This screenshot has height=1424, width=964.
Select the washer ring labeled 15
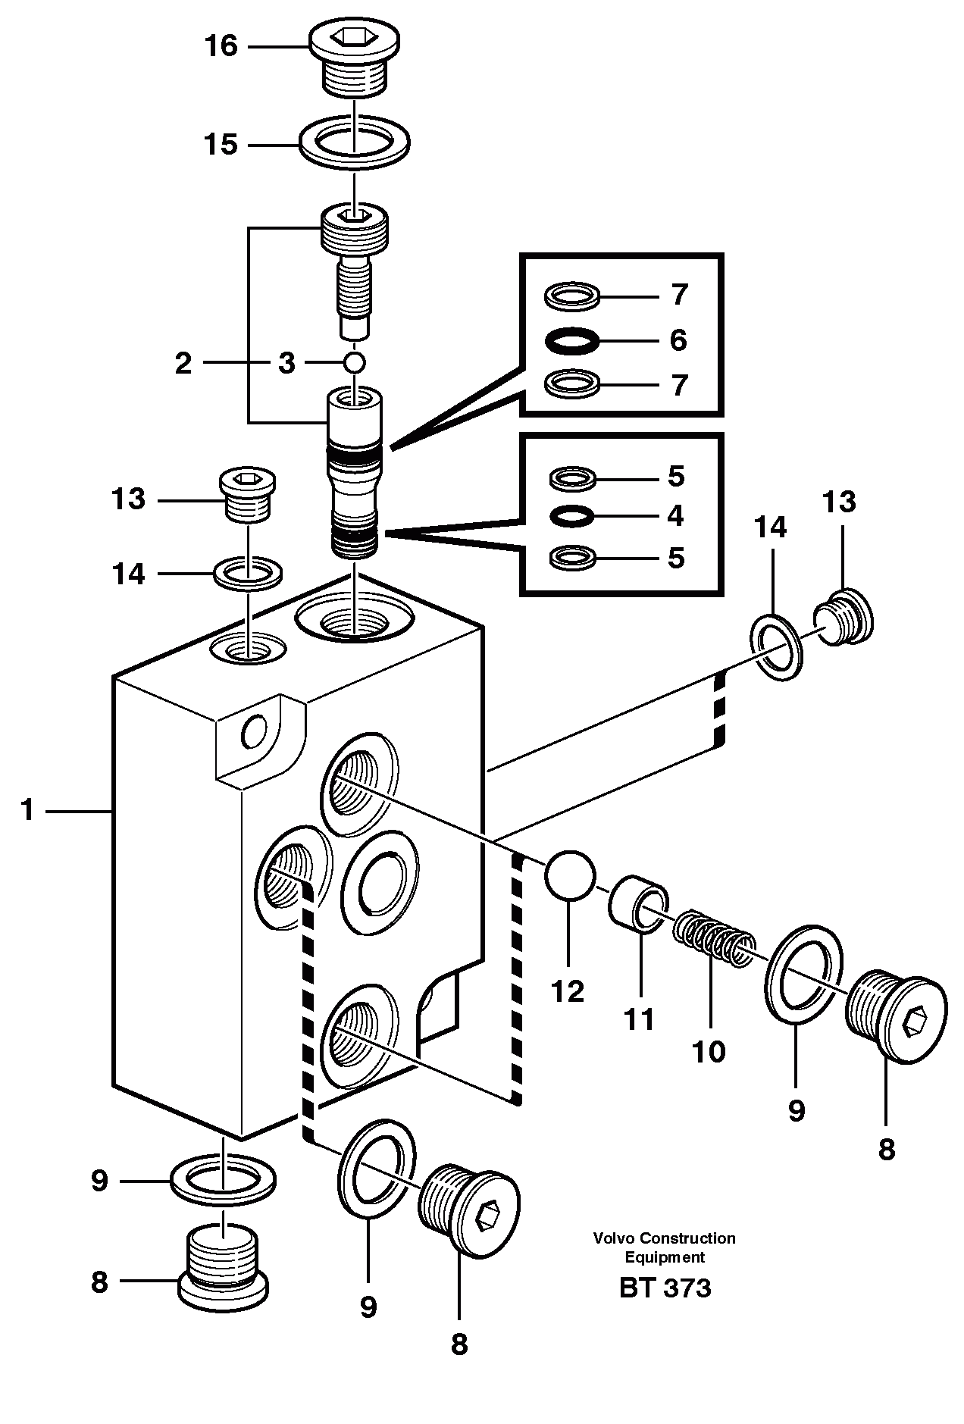click(x=354, y=142)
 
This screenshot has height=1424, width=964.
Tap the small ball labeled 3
click(x=354, y=362)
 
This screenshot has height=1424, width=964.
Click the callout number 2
click(x=183, y=364)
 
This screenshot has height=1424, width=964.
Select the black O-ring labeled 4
click(x=572, y=517)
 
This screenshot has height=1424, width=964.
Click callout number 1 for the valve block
click(x=28, y=811)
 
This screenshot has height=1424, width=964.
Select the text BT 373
click(x=665, y=1288)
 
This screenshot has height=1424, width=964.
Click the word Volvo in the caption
click(x=614, y=1238)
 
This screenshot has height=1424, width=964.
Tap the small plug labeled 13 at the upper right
click(x=846, y=617)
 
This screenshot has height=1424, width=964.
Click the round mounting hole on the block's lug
click(x=254, y=732)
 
